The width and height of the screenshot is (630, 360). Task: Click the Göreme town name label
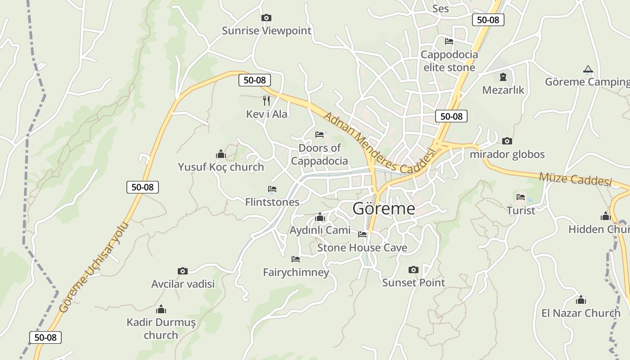click(x=383, y=209)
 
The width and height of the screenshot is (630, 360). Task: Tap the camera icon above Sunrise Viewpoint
click(x=266, y=18)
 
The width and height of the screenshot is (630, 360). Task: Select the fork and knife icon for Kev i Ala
click(x=266, y=100)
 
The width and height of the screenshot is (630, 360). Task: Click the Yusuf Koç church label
click(x=221, y=167)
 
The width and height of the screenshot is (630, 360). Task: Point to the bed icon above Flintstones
click(x=272, y=189)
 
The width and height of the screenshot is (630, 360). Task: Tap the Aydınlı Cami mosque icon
click(x=320, y=218)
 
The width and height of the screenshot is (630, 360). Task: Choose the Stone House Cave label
click(x=362, y=248)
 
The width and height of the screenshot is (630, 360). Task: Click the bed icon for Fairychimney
click(x=296, y=259)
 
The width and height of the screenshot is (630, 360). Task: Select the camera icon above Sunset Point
click(x=414, y=270)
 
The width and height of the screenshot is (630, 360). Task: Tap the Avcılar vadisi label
click(x=183, y=284)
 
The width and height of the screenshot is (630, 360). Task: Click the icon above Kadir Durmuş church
click(x=161, y=309)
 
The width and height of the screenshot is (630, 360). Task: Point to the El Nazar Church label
click(x=580, y=313)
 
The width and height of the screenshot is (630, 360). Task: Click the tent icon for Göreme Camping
click(x=588, y=69)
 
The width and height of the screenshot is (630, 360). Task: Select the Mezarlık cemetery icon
click(x=503, y=77)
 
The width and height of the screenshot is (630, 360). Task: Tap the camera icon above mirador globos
click(x=507, y=141)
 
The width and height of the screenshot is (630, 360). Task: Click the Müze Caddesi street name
click(x=576, y=179)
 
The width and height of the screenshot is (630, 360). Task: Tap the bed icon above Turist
click(x=521, y=197)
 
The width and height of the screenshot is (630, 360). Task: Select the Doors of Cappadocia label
click(x=319, y=154)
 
